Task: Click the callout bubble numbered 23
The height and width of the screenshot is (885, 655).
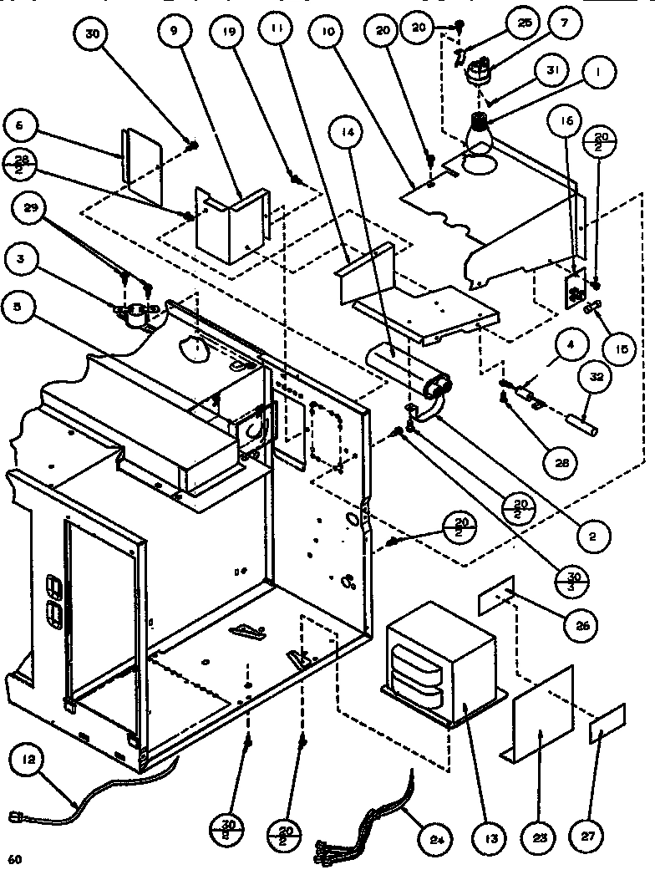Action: [x=541, y=836]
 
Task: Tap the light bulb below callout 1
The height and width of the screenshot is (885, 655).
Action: [x=479, y=130]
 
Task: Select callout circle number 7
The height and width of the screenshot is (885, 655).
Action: [x=565, y=24]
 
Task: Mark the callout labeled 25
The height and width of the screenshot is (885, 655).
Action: [x=523, y=24]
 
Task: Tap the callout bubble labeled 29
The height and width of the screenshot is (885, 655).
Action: [x=33, y=211]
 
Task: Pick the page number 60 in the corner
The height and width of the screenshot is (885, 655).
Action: [x=13, y=860]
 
